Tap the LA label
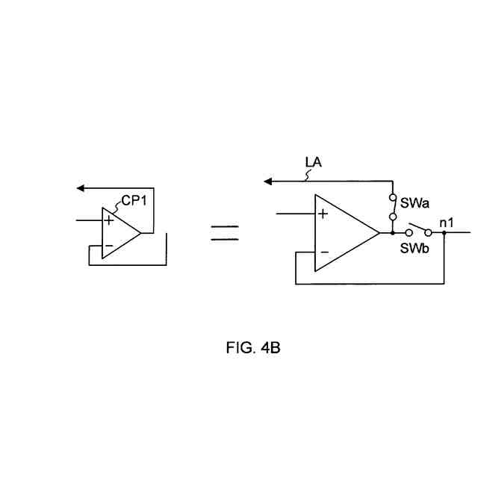[314, 161]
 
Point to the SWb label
[414, 248]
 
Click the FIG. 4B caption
[253, 348]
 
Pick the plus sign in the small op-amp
[109, 220]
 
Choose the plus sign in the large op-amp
[323, 214]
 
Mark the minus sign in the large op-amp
[323, 252]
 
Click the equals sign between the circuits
[224, 233]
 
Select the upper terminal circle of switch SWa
[392, 199]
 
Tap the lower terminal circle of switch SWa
[392, 217]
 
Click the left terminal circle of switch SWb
[409, 232]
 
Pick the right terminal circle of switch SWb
[428, 232]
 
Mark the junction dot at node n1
[444, 232]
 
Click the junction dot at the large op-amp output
[392, 232]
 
